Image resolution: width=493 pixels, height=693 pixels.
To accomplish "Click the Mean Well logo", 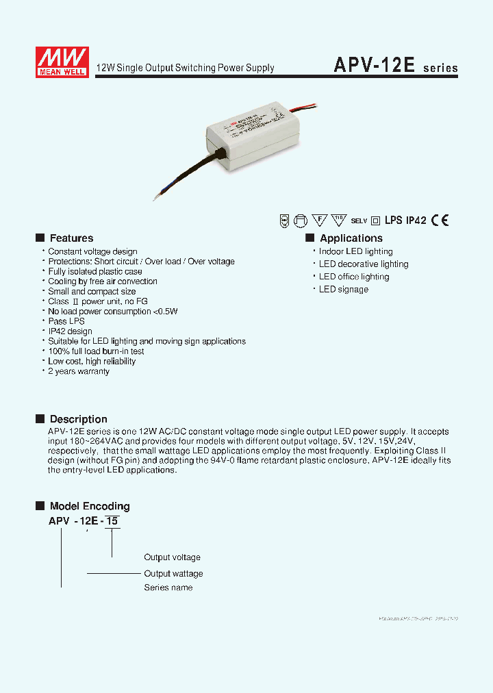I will pyautogui.click(x=62, y=62).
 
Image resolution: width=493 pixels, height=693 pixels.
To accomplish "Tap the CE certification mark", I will pyautogui.click(x=440, y=220).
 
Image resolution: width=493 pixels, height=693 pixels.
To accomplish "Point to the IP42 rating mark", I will pyautogui.click(x=416, y=220).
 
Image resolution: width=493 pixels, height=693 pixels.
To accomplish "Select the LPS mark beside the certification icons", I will pyautogui.click(x=393, y=220).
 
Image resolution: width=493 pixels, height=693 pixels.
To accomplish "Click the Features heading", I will pyautogui.click(x=71, y=238).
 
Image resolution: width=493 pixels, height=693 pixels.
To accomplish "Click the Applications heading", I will pyautogui.click(x=351, y=238).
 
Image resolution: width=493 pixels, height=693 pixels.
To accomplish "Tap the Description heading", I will pyautogui.click(x=78, y=419).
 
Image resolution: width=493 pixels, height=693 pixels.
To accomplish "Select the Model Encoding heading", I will pyautogui.click(x=89, y=507).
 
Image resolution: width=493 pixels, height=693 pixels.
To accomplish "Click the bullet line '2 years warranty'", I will pyautogui.click(x=78, y=371).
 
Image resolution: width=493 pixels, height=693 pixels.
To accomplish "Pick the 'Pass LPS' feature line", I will pyautogui.click(x=66, y=321).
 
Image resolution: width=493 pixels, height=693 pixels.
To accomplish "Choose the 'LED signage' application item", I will pyautogui.click(x=343, y=290).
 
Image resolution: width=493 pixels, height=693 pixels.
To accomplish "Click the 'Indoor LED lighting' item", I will pyautogui.click(x=355, y=251).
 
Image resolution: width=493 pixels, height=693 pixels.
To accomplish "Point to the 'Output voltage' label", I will pyautogui.click(x=172, y=557).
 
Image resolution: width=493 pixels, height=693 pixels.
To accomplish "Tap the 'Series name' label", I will pyautogui.click(x=168, y=588).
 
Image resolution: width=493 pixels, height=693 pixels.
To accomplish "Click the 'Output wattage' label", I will pyautogui.click(x=173, y=573).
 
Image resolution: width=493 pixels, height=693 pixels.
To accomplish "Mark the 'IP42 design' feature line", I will pyautogui.click(x=70, y=331).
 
